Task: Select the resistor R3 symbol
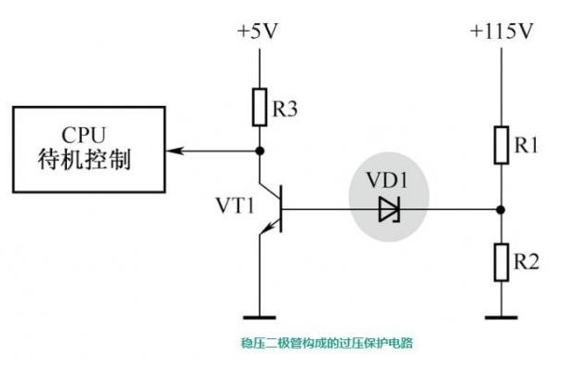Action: (x=261, y=107)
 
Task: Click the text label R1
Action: (x=528, y=146)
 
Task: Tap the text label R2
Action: (x=528, y=262)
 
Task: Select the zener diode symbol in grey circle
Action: (x=388, y=211)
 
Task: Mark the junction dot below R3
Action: (x=261, y=150)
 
